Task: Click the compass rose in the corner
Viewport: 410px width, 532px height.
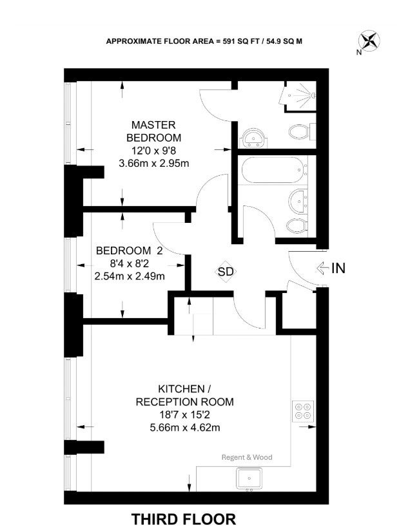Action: tap(369, 41)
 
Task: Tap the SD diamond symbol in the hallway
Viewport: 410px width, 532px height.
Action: tap(226, 271)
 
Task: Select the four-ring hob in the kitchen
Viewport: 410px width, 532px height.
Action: tap(303, 411)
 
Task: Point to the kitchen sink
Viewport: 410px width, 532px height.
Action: tap(249, 479)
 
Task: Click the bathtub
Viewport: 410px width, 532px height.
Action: tap(273, 169)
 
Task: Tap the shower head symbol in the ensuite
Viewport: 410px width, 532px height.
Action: tap(299, 95)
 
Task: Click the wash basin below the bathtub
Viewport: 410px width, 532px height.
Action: tap(298, 200)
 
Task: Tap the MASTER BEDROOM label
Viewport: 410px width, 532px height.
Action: tap(153, 131)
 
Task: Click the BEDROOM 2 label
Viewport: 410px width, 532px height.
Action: tap(130, 251)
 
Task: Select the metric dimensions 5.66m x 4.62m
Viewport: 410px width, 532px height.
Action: tap(185, 428)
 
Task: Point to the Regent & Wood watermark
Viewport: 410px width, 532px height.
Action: tap(247, 457)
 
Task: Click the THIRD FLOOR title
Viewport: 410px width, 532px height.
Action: tap(184, 520)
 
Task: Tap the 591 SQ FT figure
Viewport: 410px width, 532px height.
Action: tap(238, 41)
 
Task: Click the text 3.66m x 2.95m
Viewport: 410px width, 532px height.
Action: tap(154, 164)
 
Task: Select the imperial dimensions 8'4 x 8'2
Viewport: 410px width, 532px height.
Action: tap(130, 263)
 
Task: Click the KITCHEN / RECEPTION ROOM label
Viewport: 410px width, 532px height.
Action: tap(185, 395)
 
